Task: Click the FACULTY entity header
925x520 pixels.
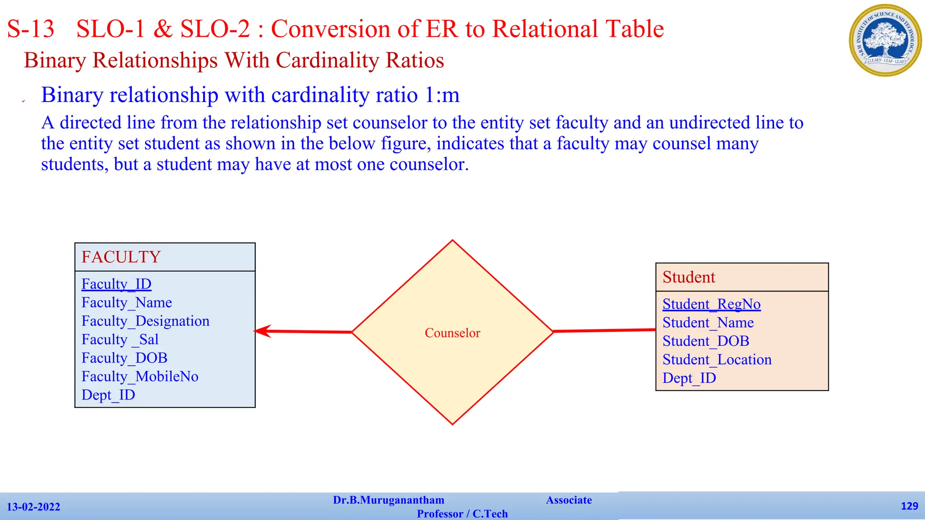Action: click(121, 257)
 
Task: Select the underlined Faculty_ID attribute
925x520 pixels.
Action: click(117, 284)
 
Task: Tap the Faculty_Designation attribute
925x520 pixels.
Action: click(145, 321)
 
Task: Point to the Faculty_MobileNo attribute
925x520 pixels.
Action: click(140, 377)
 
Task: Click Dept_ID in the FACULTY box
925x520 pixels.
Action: click(108, 395)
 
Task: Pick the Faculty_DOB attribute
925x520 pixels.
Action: click(125, 358)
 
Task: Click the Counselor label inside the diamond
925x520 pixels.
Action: click(452, 333)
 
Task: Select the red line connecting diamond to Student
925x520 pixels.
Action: click(604, 331)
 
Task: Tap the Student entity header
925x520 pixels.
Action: click(689, 277)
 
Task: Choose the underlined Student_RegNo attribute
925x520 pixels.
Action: click(711, 305)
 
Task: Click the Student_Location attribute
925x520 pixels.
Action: click(717, 360)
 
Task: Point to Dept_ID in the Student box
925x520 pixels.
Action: click(689, 379)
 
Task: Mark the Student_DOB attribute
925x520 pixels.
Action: click(706, 342)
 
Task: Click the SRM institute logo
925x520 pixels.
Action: click(885, 40)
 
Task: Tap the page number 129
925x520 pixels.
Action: click(909, 506)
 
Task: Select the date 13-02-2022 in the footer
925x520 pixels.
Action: click(33, 507)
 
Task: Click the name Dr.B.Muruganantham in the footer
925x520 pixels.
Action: click(388, 500)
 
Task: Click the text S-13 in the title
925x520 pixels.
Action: click(31, 29)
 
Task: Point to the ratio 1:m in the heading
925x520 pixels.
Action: click(442, 95)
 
